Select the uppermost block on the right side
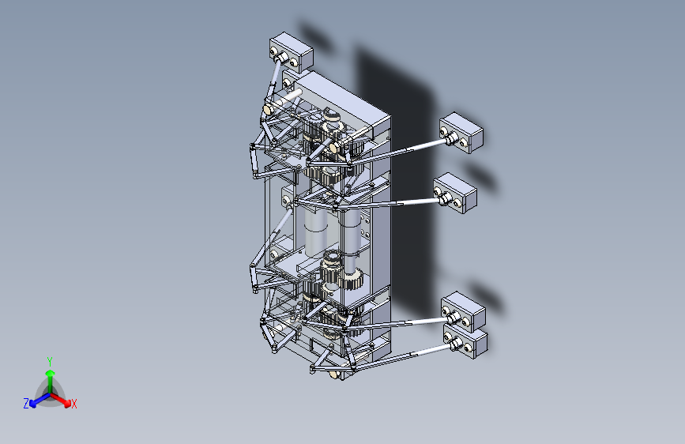point(463,131)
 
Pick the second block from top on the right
point(457,193)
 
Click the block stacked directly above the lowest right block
point(465,309)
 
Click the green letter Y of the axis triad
point(49,360)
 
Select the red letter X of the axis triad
point(74,404)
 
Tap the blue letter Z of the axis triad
point(26,403)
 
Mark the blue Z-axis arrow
point(36,400)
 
